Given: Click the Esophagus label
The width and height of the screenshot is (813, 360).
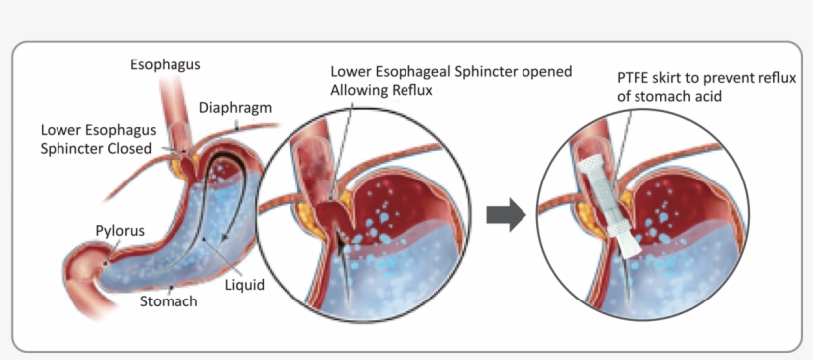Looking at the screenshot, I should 166,65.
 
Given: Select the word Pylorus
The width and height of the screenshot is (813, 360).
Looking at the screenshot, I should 120,231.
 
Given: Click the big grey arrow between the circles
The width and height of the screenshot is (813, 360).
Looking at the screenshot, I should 506,214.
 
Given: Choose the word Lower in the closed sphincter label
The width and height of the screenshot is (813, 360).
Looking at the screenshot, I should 61,130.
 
